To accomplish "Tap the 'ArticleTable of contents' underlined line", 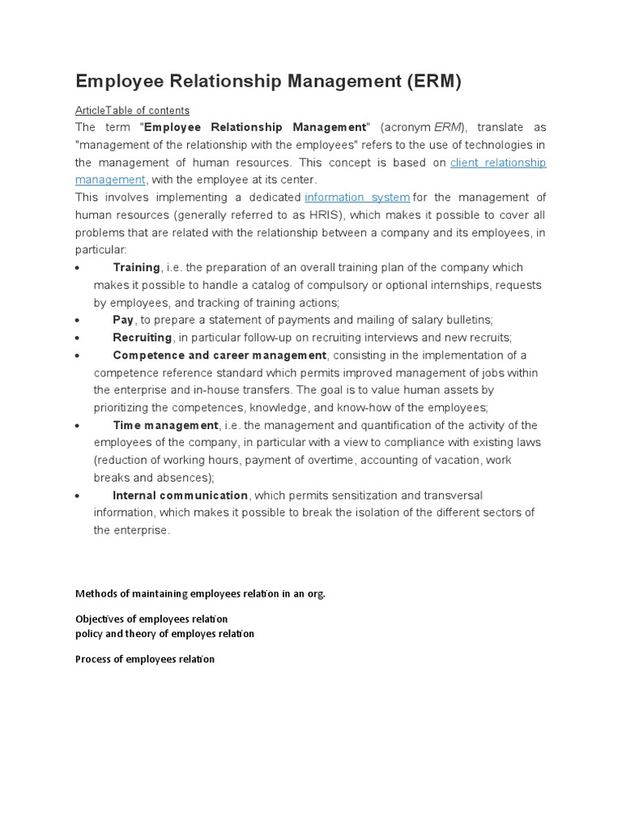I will (x=132, y=110).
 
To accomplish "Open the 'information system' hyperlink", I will (x=357, y=198).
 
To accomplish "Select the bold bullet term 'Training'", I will (x=137, y=267).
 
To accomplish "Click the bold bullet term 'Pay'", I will (x=123, y=320).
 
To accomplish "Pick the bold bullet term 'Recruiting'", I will (x=143, y=338).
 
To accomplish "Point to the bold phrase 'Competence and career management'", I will (x=219, y=355).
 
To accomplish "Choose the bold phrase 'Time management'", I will (x=166, y=425).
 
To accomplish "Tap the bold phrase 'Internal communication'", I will (x=181, y=495).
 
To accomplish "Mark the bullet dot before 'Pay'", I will (x=76, y=321).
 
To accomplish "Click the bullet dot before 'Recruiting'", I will (x=76, y=338).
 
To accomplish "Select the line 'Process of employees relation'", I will (x=145, y=659).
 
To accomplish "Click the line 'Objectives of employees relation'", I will (x=151, y=619).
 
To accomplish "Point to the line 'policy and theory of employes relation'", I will (x=164, y=634).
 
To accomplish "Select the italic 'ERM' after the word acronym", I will (x=448, y=128).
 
